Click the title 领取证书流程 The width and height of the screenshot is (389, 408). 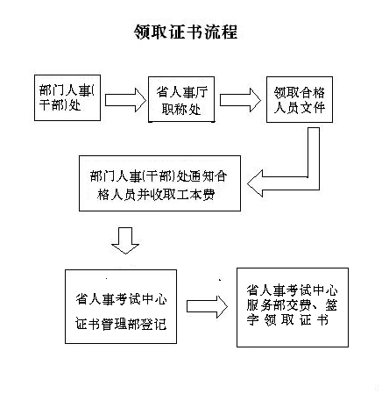186,32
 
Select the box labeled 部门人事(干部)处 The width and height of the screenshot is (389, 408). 67,97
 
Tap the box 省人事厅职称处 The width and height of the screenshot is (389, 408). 181,99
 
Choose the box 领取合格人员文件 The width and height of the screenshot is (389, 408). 300,99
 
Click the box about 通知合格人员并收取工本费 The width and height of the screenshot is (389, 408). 159,183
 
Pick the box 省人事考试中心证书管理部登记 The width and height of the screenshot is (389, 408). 121,306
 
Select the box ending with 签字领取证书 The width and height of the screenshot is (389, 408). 293,307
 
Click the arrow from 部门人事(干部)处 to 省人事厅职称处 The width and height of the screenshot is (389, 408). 125,100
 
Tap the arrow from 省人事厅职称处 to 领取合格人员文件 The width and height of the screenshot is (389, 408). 240,100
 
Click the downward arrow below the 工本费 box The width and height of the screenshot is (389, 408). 125,240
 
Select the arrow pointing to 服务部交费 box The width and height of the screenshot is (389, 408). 207,306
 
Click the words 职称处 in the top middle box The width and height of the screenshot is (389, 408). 181,110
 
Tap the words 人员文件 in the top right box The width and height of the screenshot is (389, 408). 300,108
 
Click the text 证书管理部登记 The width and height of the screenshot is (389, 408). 121,324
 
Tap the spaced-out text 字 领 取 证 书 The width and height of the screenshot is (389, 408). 287,320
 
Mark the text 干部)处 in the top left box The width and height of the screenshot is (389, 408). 60,105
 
